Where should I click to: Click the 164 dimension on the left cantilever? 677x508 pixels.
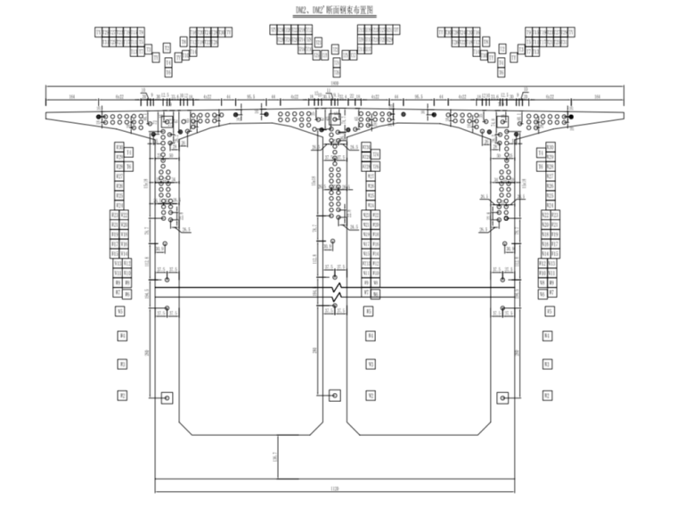pos(71,95)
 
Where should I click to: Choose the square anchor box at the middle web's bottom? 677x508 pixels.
pos(335,395)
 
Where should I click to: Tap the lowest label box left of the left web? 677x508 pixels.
pos(122,394)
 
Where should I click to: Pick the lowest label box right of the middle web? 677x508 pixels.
pos(370,394)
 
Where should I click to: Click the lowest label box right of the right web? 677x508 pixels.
pos(549,394)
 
